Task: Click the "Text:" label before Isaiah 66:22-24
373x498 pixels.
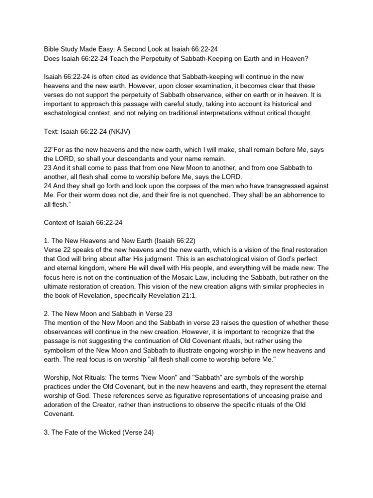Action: (52, 131)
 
